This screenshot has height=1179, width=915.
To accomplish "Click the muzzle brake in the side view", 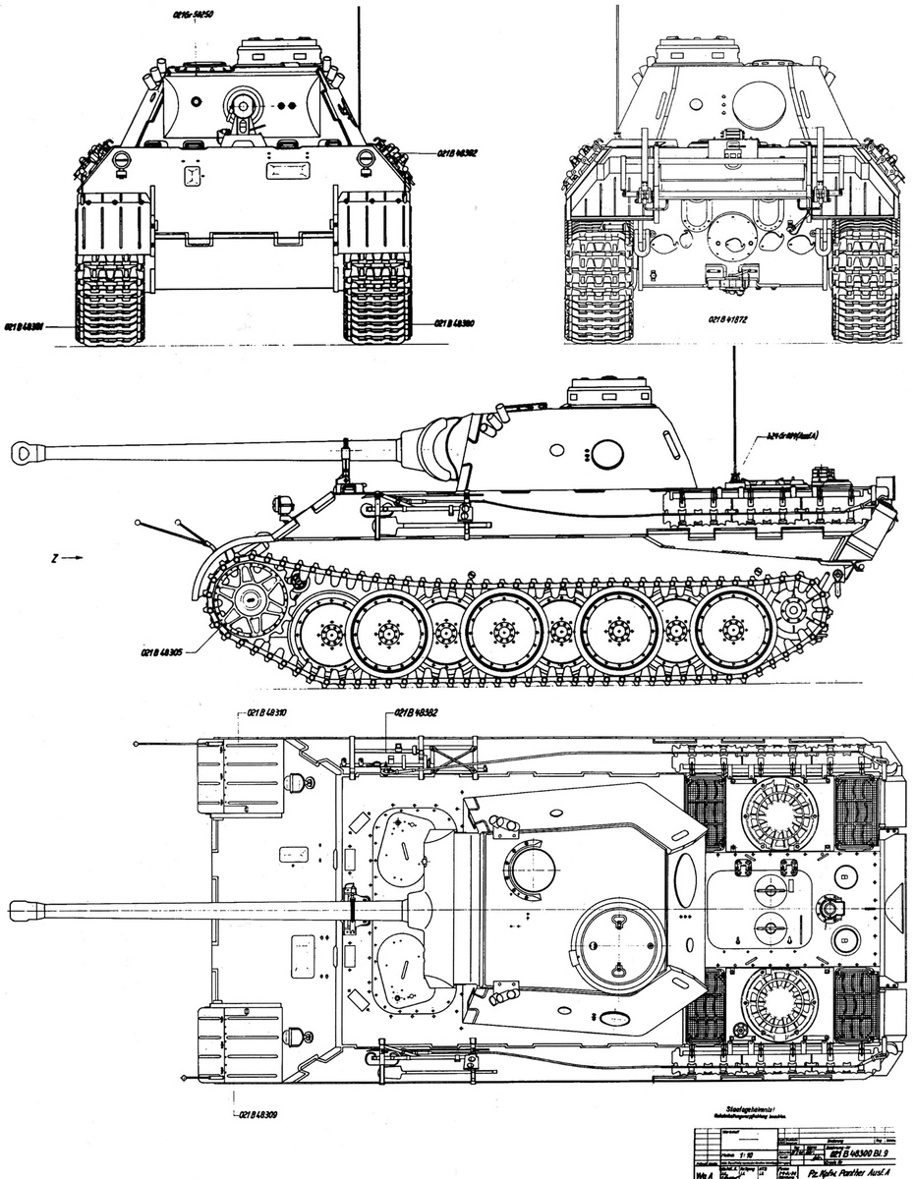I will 26,451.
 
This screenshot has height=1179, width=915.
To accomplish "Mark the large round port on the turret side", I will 606,453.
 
